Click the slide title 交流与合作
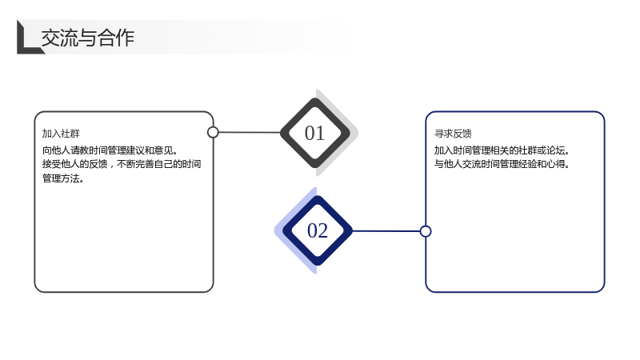pos(88,38)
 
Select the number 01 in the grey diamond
pos(314,133)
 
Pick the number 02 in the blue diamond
pos(317,230)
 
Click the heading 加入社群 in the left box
pos(61,134)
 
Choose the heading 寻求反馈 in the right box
pos(453,134)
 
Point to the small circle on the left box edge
pos(213,132)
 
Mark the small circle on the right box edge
pos(426,231)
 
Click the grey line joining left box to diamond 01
pos(250,132)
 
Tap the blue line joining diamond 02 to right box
pos(386,231)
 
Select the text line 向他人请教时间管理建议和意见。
pos(110,150)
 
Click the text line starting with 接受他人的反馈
pos(122,164)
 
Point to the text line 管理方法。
pos(63,178)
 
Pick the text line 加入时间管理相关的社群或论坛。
pos(502,150)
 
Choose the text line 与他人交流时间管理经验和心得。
pos(502,164)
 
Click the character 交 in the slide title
pos(50,38)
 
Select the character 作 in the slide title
pos(126,38)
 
